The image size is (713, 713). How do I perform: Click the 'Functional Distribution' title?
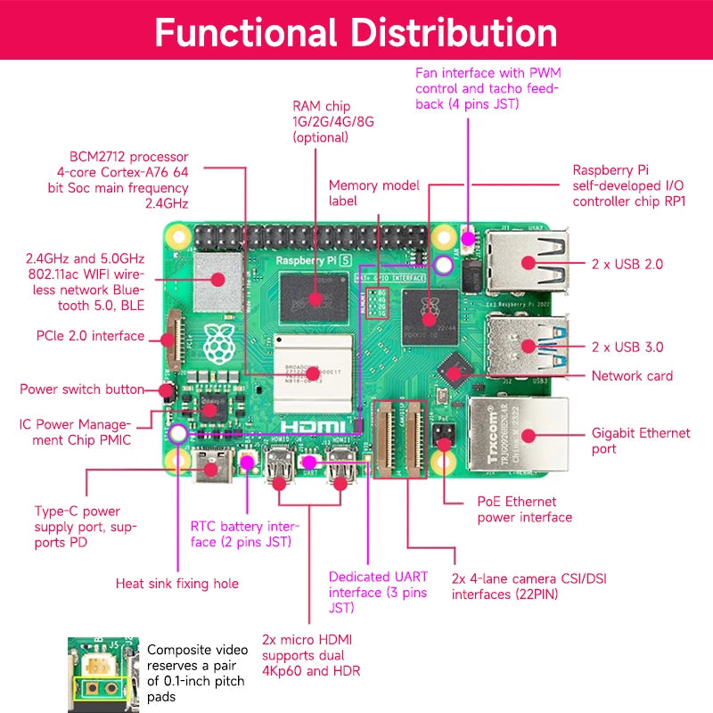tap(356, 31)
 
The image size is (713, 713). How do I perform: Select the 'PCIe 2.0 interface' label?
tap(88, 336)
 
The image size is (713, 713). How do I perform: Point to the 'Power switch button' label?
tap(82, 389)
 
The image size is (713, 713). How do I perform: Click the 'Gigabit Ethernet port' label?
tap(641, 441)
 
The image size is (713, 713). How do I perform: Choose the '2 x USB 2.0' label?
tap(627, 264)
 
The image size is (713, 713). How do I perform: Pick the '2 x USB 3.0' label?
tap(627, 347)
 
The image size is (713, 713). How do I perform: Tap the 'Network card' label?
tap(632, 376)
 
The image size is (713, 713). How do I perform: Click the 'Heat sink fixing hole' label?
tap(177, 584)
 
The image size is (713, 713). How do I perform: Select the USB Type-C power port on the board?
tap(213, 463)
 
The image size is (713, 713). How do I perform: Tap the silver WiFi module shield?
tap(217, 276)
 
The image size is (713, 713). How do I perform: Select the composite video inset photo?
tap(102, 674)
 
